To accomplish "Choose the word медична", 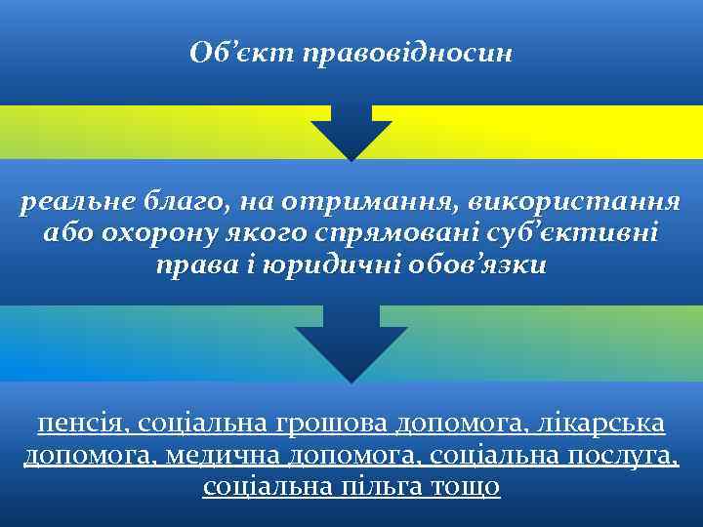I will point(215,455).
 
